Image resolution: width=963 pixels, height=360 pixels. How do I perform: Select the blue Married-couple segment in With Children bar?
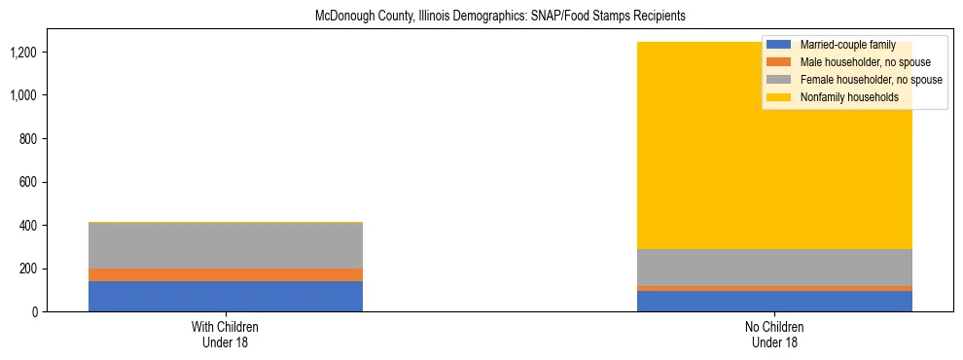225,296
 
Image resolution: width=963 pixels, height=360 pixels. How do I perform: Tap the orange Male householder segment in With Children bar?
225,274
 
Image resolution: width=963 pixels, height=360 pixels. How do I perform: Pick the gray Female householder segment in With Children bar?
225,245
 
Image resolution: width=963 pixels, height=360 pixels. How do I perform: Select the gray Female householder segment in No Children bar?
775,267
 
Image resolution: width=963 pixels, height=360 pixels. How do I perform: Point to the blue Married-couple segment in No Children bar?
775,301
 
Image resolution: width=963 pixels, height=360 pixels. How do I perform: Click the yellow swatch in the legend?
779,97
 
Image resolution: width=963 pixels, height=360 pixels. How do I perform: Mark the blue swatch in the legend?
779,45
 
